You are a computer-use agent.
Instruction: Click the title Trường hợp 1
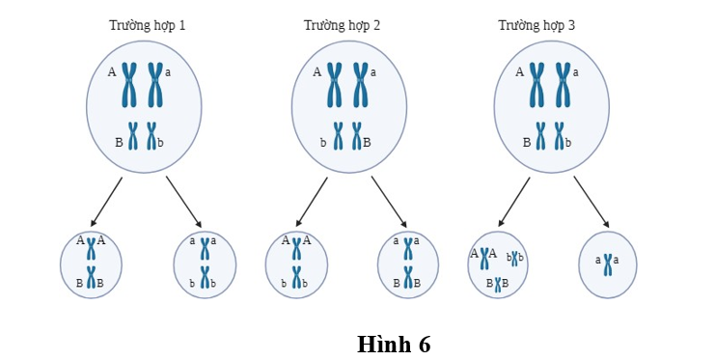point(147,25)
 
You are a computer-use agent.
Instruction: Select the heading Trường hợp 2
point(342,25)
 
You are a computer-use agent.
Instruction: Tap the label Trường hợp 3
point(536,25)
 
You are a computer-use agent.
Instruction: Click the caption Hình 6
point(394,344)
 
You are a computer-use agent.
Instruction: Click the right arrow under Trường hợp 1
point(183,201)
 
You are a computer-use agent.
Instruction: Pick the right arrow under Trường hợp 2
point(389,201)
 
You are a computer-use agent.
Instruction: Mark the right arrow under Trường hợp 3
point(591,201)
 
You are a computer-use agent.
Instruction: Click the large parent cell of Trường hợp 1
point(144,106)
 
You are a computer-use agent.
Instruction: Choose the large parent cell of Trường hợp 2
point(348,106)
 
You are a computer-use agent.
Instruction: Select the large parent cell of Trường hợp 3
point(551,106)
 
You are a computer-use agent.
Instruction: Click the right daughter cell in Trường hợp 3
point(608,263)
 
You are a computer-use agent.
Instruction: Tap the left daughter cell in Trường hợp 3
point(498,263)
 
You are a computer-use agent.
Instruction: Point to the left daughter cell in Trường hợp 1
point(91,264)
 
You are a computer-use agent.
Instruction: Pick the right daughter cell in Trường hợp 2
point(408,264)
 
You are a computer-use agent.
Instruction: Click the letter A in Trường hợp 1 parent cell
point(112,71)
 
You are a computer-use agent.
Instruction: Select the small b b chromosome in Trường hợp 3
point(514,258)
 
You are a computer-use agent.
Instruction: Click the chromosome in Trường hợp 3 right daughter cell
point(609,262)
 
